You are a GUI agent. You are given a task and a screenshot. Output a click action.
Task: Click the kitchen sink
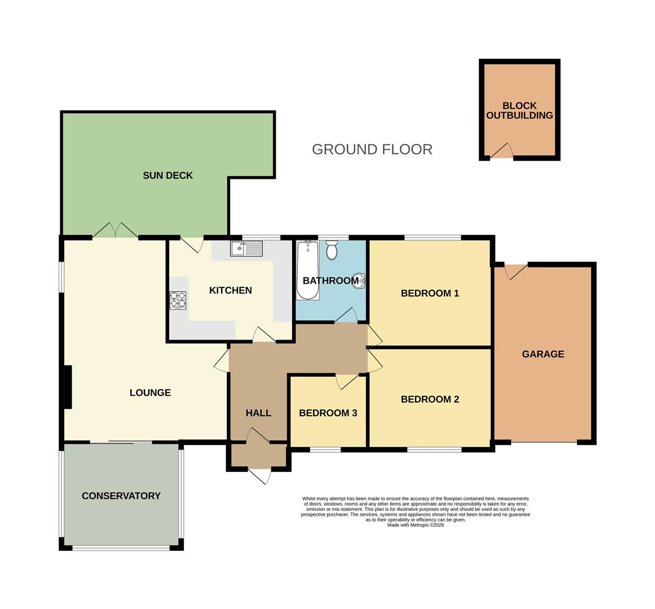pyautogui.click(x=246, y=248)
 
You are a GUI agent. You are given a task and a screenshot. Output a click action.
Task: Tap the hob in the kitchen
pyautogui.click(x=178, y=300)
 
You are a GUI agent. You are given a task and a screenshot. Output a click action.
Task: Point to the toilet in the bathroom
pyautogui.click(x=332, y=250)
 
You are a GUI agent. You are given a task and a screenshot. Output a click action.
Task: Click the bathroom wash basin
pyautogui.click(x=358, y=280)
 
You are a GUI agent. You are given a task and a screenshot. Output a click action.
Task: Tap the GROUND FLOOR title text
pyautogui.click(x=372, y=149)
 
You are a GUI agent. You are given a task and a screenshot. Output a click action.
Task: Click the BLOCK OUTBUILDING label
pyautogui.click(x=519, y=111)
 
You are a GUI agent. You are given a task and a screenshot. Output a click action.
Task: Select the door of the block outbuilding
pyautogui.click(x=502, y=152)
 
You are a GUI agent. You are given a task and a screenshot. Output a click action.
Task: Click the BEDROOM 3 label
pyautogui.click(x=328, y=413)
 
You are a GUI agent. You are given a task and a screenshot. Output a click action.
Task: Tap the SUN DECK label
pyautogui.click(x=168, y=175)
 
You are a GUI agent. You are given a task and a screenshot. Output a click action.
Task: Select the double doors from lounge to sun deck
pyautogui.click(x=115, y=231)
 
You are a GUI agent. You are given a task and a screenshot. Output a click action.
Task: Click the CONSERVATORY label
pyautogui.click(x=121, y=496)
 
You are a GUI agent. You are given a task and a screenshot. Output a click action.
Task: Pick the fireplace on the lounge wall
pyautogui.click(x=68, y=387)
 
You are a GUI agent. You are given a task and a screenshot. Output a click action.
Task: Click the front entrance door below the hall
pyautogui.click(x=260, y=475)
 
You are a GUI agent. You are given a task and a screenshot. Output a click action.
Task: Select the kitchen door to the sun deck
pyautogui.click(x=194, y=244)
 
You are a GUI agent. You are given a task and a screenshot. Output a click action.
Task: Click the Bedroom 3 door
pyautogui.click(x=345, y=382)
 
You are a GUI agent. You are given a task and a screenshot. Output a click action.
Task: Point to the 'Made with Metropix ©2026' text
pyautogui.click(x=415, y=525)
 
